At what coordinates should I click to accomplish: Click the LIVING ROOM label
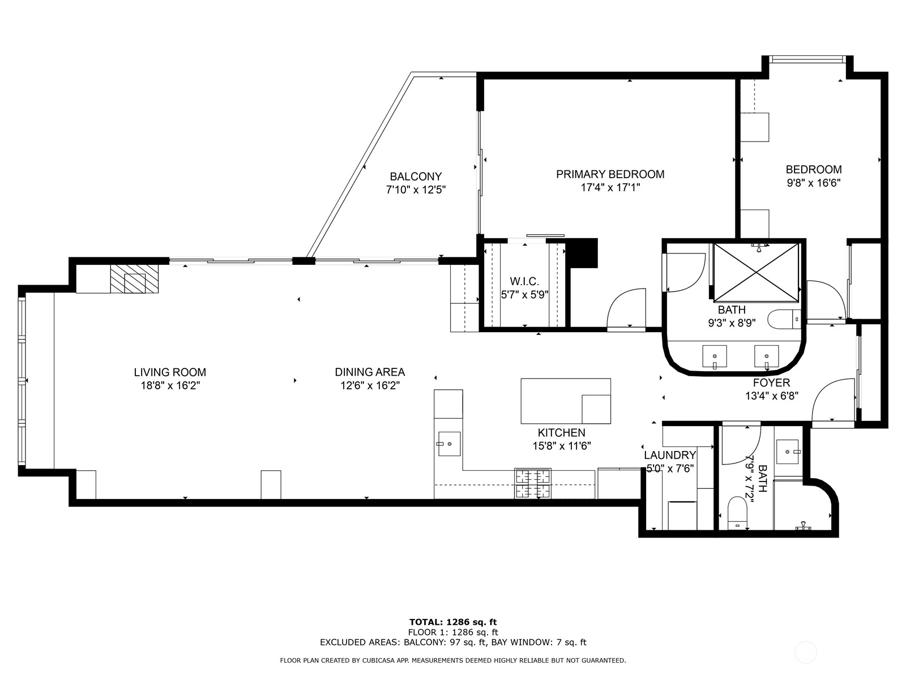tap(170, 372)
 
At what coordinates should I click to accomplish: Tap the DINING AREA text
tap(370, 372)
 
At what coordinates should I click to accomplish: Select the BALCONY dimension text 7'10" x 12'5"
tap(416, 190)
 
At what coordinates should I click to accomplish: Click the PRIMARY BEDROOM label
tap(610, 174)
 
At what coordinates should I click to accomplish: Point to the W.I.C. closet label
tap(524, 281)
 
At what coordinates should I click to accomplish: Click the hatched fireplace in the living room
tap(135, 280)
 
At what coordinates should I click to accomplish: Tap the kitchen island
tap(565, 401)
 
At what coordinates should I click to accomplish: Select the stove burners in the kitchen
tap(532, 484)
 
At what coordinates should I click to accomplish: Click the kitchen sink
tap(449, 444)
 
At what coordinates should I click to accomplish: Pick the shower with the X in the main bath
tap(757, 272)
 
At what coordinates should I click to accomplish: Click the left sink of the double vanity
tap(715, 356)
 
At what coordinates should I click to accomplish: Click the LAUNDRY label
tap(670, 455)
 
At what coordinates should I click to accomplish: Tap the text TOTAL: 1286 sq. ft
tap(453, 622)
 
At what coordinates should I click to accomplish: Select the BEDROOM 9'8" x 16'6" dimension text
tap(813, 183)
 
